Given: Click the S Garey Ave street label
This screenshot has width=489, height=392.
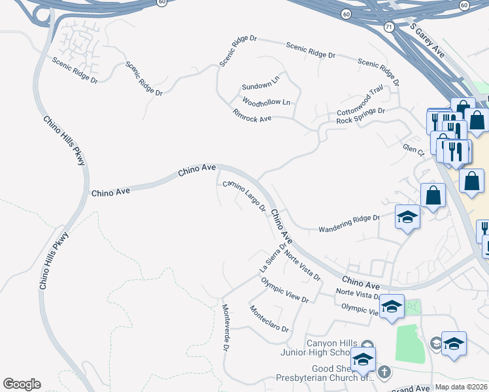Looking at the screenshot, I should (428, 41).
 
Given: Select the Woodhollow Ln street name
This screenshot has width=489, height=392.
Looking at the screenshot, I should (265, 103).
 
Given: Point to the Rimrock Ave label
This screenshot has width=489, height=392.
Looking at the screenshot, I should (252, 116).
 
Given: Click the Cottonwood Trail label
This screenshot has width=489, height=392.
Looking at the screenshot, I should (360, 106).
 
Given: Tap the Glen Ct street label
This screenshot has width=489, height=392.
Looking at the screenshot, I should (413, 150).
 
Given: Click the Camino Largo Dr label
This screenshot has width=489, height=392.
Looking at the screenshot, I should (244, 197).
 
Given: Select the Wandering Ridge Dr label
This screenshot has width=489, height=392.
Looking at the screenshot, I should (348, 223).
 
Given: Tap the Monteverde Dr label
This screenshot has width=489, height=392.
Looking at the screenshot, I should (225, 327).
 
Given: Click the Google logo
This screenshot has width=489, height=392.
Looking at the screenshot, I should (22, 384).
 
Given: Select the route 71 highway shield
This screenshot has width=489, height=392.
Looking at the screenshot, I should (370, 27).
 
